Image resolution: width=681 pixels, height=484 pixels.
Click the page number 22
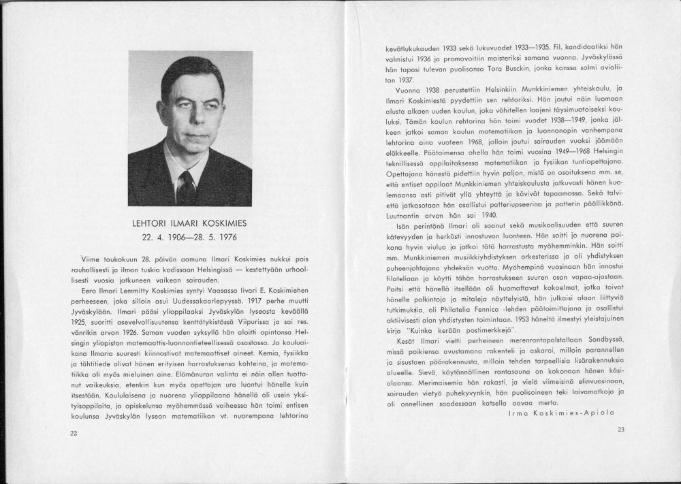click(x=74, y=433)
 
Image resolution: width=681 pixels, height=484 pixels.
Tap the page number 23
click(x=620, y=430)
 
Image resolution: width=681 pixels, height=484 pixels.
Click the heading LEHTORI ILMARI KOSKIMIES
click(x=190, y=223)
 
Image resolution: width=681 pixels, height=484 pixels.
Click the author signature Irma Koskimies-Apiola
click(x=561, y=413)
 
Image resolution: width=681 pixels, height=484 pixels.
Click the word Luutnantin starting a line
click(x=401, y=213)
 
